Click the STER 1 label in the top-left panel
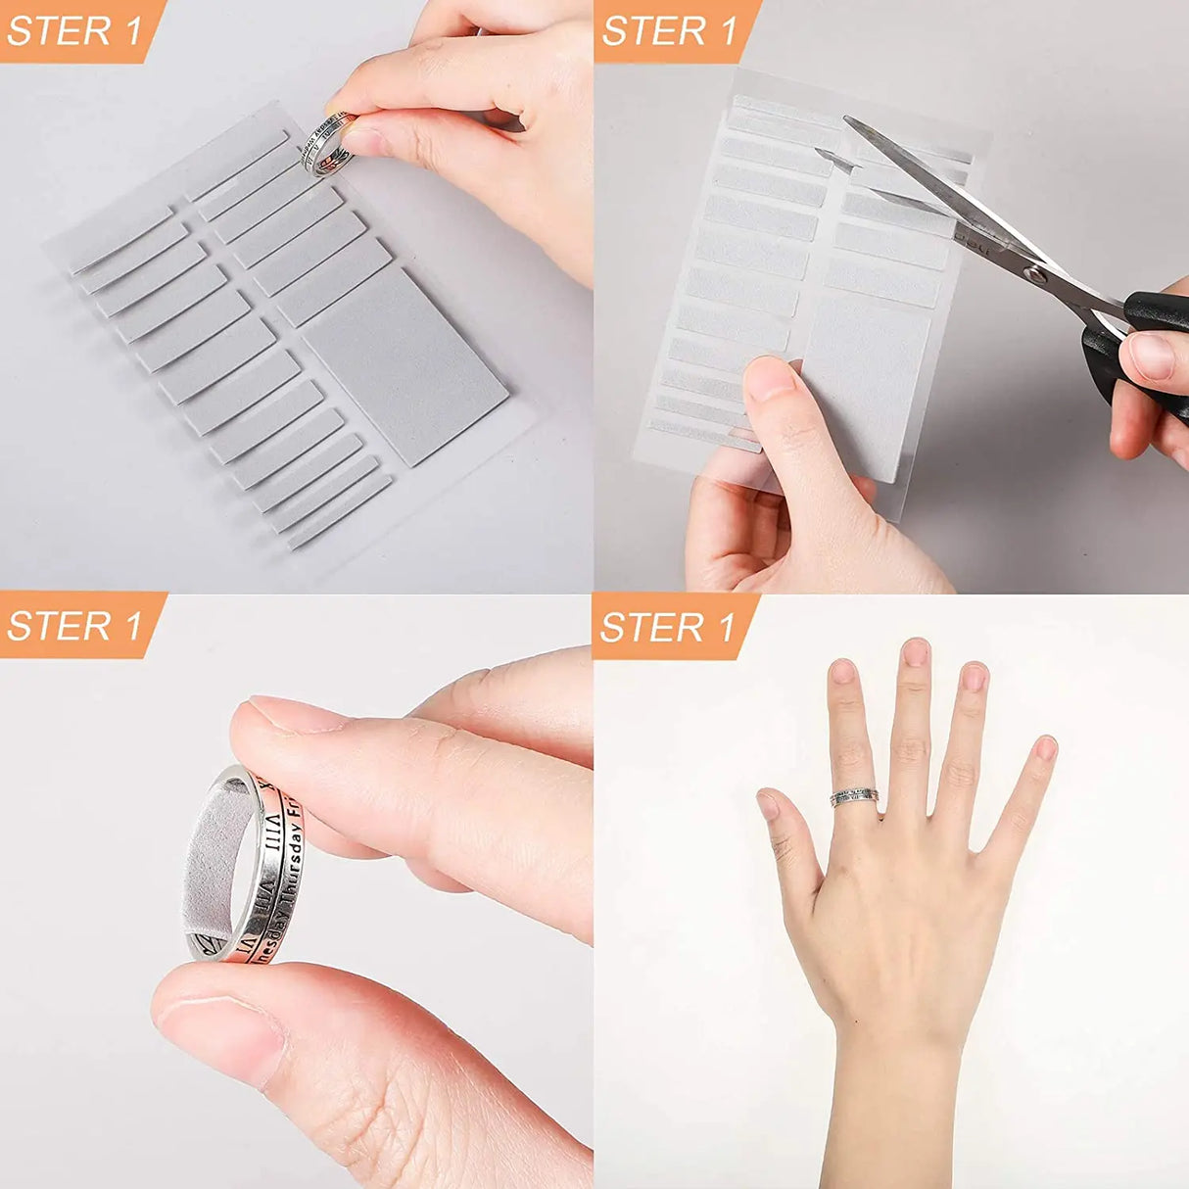74,30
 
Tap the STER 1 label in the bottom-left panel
74,626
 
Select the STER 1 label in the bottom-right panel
669,627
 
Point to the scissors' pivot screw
1030,270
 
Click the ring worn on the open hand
854,797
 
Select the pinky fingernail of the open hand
1046,748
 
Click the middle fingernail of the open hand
916,652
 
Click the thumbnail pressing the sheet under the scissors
770,378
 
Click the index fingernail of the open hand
843,672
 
